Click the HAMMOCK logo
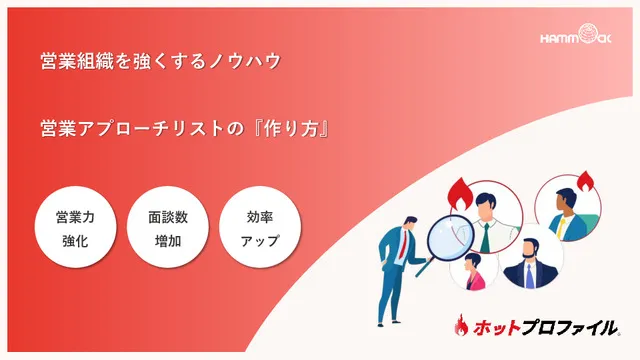tap(582, 39)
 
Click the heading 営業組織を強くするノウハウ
tap(160, 61)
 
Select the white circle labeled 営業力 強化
tap(76, 228)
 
